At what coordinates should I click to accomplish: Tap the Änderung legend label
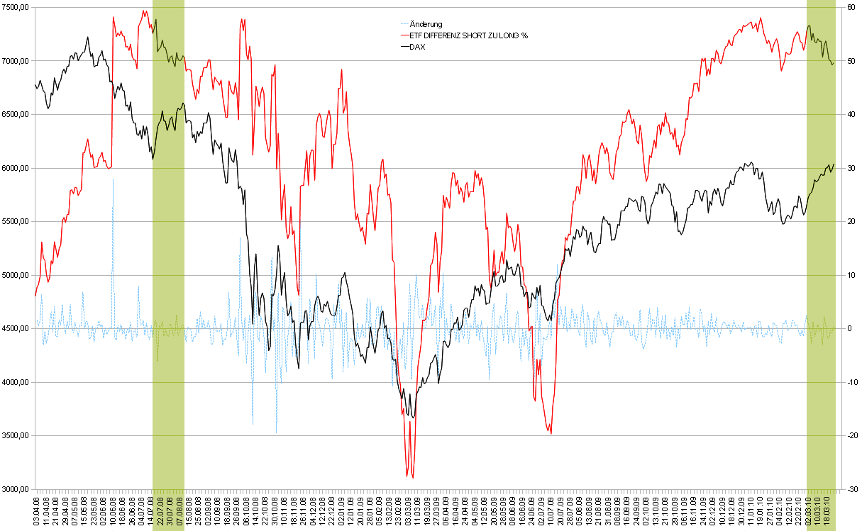[426, 25]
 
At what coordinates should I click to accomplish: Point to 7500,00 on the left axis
[15, 7]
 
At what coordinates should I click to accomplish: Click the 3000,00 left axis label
[15, 489]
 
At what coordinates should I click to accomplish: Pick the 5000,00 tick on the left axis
[15, 275]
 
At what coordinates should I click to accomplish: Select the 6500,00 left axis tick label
[15, 114]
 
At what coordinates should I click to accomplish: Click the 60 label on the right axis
[850, 7]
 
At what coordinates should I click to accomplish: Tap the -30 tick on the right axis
[851, 489]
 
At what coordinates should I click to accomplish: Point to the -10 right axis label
[851, 382]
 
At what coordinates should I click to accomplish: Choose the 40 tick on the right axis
[850, 114]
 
